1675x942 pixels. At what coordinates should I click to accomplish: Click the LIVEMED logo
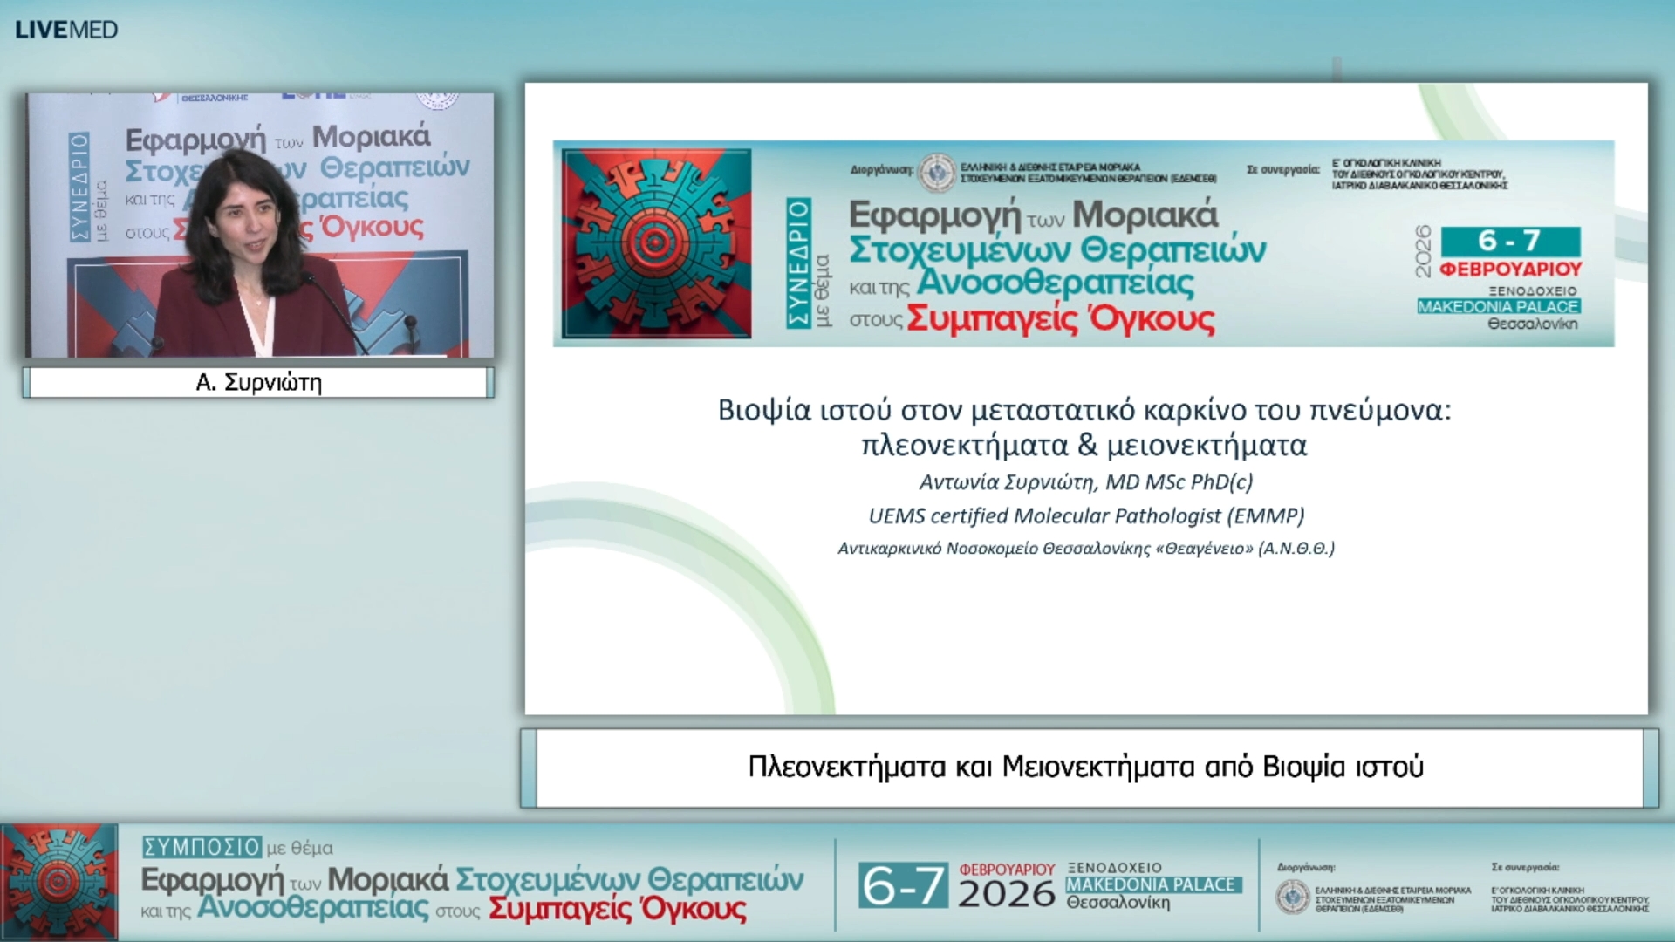pos(66,30)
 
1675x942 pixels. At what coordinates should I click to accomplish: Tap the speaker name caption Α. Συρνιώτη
pos(259,383)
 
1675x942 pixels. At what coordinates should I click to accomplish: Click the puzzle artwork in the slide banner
pos(656,243)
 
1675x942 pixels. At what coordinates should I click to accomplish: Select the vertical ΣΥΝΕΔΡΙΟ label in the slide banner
pos(798,263)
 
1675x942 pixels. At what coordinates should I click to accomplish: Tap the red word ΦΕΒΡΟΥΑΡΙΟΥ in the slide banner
pos(1511,270)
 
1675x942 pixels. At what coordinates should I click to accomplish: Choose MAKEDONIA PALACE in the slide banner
pos(1498,307)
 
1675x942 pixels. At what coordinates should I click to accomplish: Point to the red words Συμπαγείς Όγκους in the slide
pos(1060,319)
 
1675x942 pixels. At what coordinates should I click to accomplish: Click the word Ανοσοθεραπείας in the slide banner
pos(1055,283)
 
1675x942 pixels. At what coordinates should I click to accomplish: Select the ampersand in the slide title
pos(1087,446)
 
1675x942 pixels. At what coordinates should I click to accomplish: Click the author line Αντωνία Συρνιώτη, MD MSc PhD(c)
pos(1085,481)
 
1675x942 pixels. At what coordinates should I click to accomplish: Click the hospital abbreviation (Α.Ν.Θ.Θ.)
pos(1296,549)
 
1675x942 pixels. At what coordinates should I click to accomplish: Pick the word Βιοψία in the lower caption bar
pos(1304,767)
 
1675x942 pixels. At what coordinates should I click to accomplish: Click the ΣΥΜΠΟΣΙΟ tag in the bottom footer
pos(202,847)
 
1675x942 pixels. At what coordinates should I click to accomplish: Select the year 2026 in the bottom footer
pos(1006,894)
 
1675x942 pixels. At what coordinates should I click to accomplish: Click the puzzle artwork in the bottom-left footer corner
pos(58,882)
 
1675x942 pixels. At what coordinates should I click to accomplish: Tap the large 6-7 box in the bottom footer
pos(902,886)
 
